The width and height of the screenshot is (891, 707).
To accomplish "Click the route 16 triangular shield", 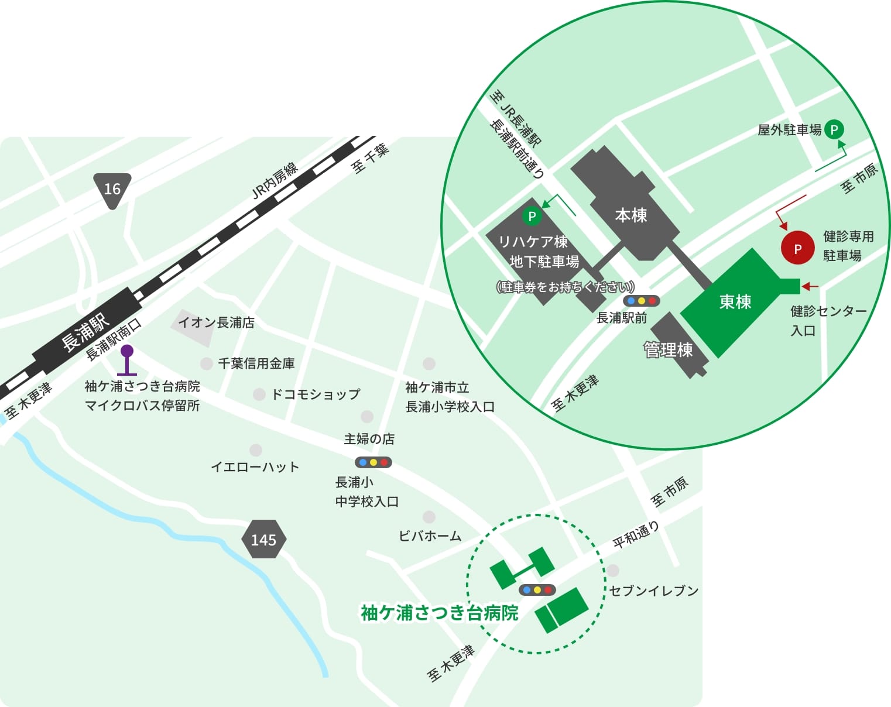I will coord(112,189).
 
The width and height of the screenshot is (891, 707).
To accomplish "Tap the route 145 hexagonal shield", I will coord(263,539).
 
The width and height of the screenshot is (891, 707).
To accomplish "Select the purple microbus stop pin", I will coord(126,352).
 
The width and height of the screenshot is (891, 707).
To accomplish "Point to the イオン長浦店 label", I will coord(216,322).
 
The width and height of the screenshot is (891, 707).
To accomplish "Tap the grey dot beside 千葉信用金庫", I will coord(206,363).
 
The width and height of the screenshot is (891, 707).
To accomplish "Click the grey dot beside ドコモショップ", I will coord(259,394).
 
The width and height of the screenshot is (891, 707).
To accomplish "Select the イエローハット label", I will coord(255,467).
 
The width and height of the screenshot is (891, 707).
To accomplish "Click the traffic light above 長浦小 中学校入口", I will coord(373,462).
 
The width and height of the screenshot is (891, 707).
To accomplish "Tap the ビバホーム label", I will coord(430,536).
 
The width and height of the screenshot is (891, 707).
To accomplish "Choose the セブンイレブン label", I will coord(654,591).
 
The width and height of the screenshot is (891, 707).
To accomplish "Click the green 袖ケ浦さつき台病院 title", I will coord(440,613).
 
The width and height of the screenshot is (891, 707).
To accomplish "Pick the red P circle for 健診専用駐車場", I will coord(797,248).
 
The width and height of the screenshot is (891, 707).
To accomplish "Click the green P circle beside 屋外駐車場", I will coord(834,129).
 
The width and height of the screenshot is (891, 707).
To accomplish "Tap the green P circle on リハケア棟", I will coord(532,217).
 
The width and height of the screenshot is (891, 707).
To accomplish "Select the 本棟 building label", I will coord(631,215).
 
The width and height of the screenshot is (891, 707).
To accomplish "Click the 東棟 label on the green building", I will coord(735,301).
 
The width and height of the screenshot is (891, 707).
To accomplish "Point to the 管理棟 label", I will coord(668,350).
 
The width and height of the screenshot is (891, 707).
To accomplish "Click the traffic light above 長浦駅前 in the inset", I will coord(641,301).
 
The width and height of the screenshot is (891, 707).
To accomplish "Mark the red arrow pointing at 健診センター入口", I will coord(810,286).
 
